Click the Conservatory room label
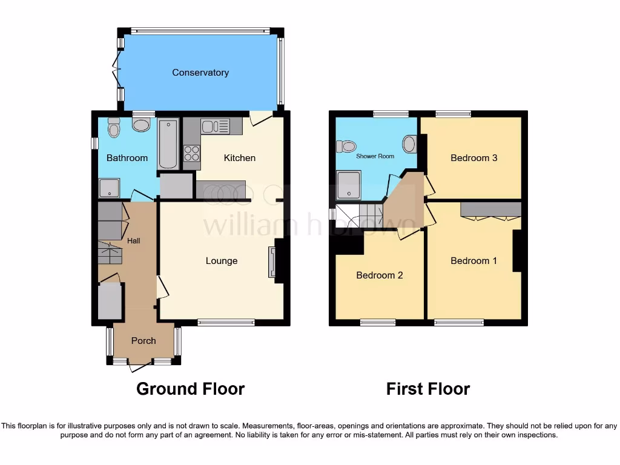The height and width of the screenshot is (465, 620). coord(200,73)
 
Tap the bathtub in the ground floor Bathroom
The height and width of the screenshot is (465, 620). coord(168,144)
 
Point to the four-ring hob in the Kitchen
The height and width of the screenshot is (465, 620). coord(192,154)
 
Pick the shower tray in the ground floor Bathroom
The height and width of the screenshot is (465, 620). coord(110,188)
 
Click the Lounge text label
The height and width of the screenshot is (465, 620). coord(222,261)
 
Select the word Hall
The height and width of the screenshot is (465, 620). coord(134,241)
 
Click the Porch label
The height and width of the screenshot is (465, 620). coord(143,341)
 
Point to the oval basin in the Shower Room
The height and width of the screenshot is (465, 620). coord(409,144)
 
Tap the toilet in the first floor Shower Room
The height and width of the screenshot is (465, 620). coord(346,146)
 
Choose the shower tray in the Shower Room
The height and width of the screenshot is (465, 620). coord(348,185)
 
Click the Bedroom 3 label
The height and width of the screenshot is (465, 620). coord(473,158)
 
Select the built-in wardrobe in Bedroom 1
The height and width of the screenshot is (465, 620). coord(490,210)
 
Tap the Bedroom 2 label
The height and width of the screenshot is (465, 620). coord(380,275)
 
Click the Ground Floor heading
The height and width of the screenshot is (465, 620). coord(190,389)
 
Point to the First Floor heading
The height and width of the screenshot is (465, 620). coord(428,389)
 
